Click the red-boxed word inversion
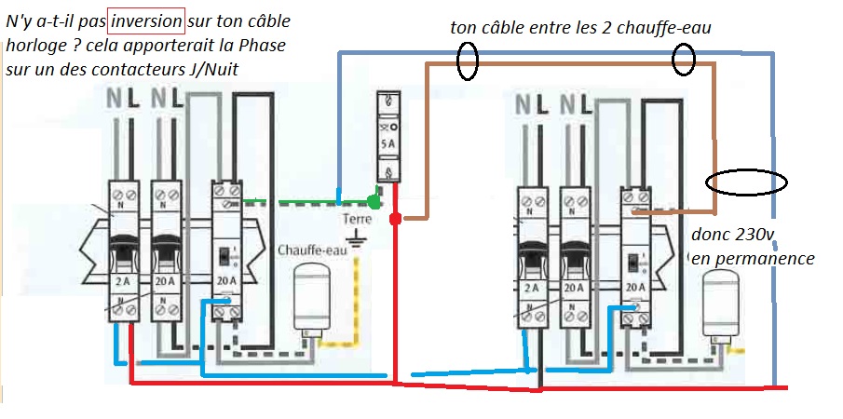[x=146, y=20]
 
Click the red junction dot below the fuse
[x=395, y=220]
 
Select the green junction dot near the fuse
[x=374, y=200]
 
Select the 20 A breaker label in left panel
[x=166, y=280]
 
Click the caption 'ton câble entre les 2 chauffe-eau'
[x=580, y=28]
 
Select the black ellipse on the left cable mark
[x=468, y=61]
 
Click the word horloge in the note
[x=34, y=45]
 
